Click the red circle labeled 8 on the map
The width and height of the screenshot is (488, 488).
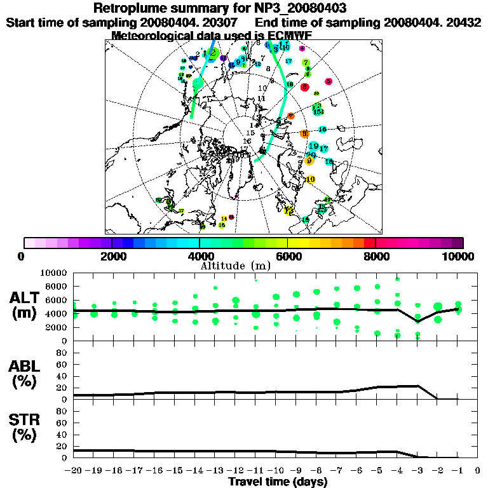click(x=305, y=87)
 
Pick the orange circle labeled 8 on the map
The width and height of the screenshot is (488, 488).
click(x=304, y=133)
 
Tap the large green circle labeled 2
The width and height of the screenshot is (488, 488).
click(x=214, y=53)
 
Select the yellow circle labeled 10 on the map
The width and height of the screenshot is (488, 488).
click(x=310, y=180)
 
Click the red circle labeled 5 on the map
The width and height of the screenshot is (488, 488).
click(x=329, y=81)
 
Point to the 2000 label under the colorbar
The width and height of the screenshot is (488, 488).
click(x=112, y=257)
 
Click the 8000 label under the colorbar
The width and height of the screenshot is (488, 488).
click(x=376, y=257)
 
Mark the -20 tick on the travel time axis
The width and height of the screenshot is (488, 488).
click(x=73, y=471)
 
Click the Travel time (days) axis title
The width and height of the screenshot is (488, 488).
click(x=278, y=482)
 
